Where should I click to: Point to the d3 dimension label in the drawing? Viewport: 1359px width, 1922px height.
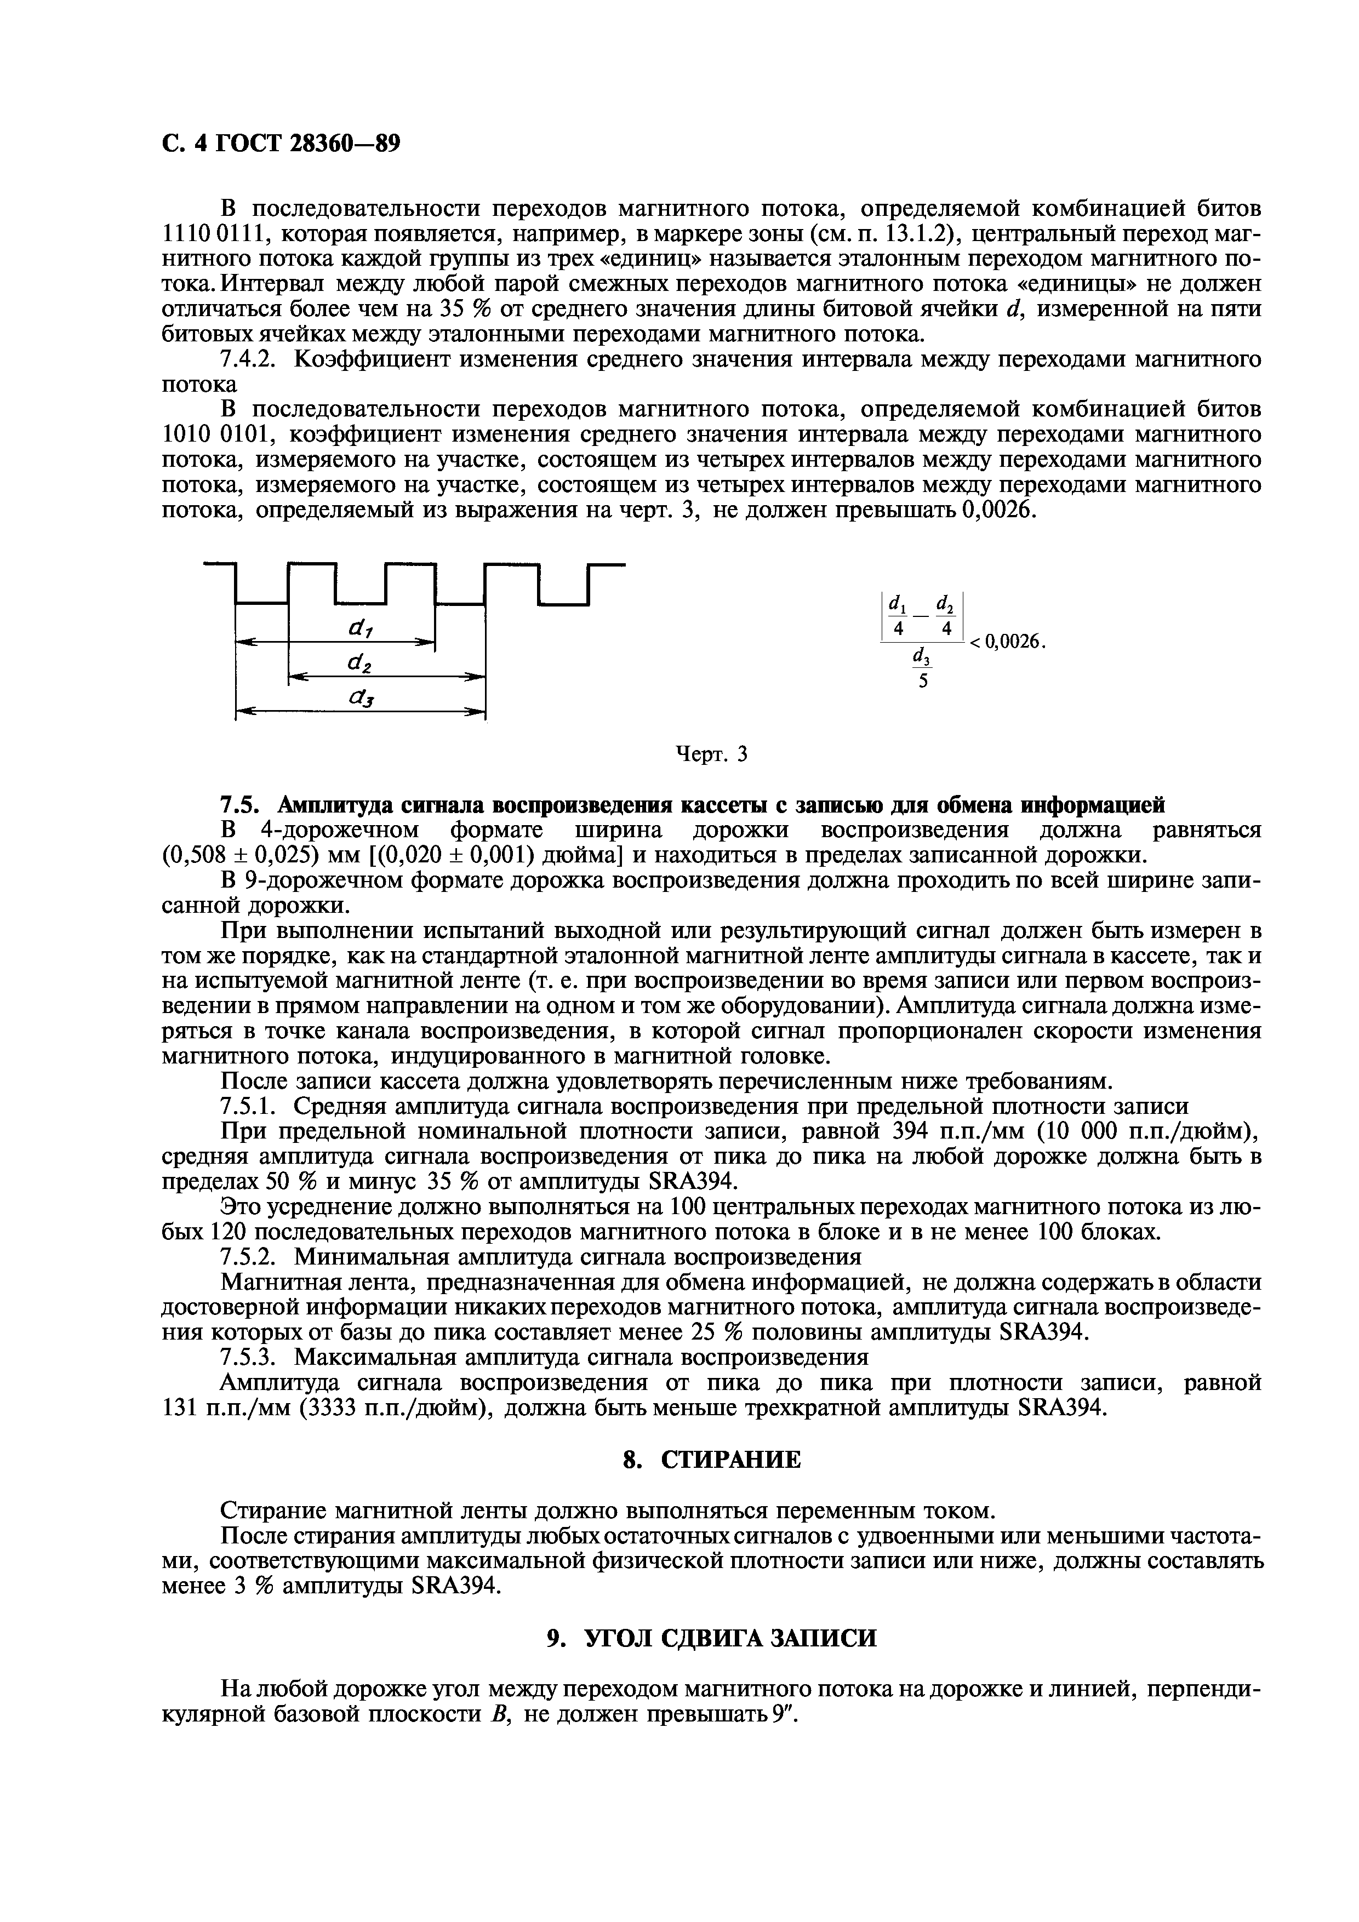(362, 697)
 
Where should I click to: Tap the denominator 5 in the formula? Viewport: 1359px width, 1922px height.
(923, 682)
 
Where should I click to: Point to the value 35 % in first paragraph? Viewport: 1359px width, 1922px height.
(464, 309)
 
